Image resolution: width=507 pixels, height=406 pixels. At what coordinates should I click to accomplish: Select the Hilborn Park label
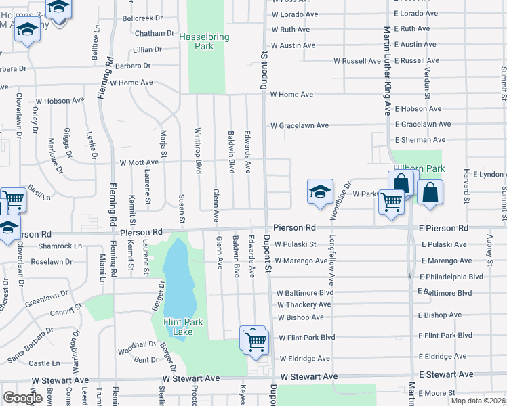pyautogui.click(x=418, y=168)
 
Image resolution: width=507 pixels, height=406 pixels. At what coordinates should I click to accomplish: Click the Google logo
pyautogui.click(x=22, y=397)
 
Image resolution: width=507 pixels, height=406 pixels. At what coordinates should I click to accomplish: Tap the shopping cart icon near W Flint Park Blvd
pyautogui.click(x=256, y=342)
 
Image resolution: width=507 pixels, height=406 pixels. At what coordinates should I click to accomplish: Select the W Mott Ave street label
pyautogui.click(x=139, y=162)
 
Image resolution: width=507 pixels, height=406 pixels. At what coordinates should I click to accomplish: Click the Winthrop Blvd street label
pyautogui.click(x=199, y=150)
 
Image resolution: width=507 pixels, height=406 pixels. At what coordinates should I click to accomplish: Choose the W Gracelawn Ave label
pyautogui.click(x=300, y=125)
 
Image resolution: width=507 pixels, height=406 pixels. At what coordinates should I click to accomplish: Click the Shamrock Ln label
pyautogui.click(x=60, y=246)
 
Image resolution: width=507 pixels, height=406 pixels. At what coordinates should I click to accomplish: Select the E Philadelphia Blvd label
pyautogui.click(x=451, y=277)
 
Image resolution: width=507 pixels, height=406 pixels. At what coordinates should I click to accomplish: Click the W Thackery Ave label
pyautogui.click(x=304, y=305)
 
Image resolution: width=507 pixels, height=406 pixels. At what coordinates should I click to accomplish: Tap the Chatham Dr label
pyautogui.click(x=155, y=33)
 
